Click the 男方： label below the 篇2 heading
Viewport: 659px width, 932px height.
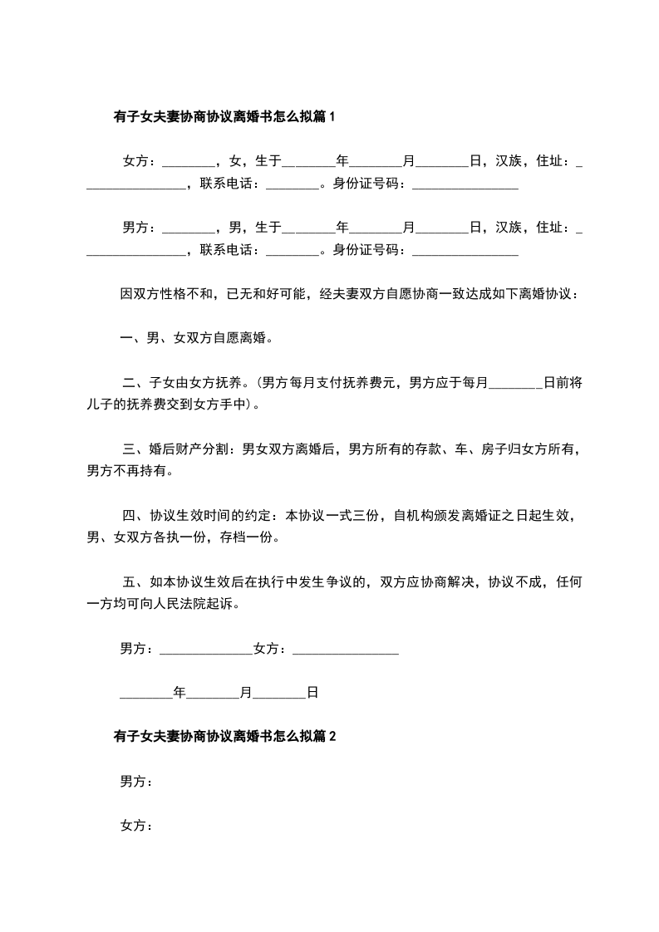pyautogui.click(x=136, y=781)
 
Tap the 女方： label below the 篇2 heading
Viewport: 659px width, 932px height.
pyautogui.click(x=136, y=826)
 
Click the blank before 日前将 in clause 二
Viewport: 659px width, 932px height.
pyautogui.click(x=517, y=383)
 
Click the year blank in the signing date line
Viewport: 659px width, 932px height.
pyautogui.click(x=146, y=691)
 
